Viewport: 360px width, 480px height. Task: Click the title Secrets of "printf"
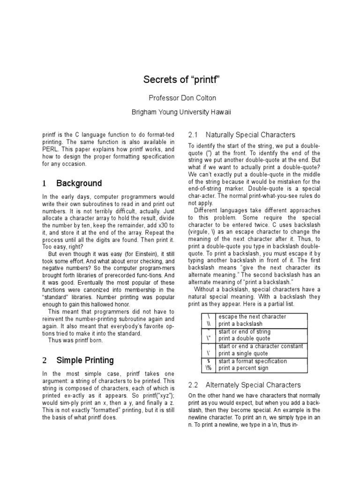coord(180,80)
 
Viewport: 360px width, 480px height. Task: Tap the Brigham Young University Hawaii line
coord(180,112)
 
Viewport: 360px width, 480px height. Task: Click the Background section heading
coord(79,183)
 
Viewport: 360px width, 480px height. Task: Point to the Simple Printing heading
coord(85,360)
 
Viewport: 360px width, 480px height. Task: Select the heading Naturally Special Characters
coord(250,135)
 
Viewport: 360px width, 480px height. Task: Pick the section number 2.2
coord(194,385)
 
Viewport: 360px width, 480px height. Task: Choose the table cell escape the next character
coord(252,317)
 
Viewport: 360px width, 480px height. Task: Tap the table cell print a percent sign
coord(243,368)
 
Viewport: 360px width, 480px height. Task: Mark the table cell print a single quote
coord(243,353)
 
